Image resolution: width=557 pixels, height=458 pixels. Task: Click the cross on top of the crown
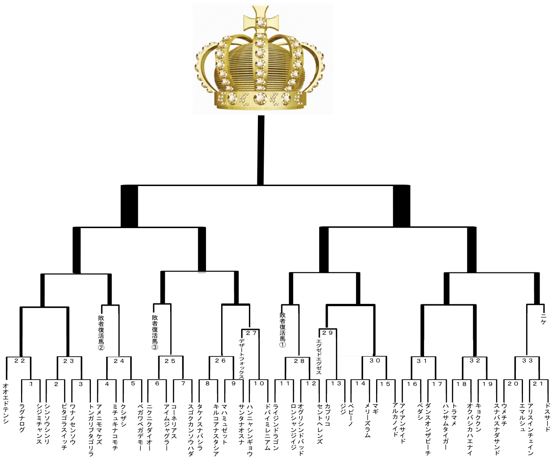261,20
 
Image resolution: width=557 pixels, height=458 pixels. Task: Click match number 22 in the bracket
19,361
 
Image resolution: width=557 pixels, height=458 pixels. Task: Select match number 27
251,333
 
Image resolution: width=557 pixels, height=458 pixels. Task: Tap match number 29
327,333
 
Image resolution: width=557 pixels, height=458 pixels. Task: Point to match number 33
527,361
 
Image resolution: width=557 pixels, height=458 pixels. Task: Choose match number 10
259,384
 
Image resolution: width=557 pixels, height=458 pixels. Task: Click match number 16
412,384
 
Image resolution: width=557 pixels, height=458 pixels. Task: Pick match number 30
375,361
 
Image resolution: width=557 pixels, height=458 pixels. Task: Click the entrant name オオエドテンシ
5,404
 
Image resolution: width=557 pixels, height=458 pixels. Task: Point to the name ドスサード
547,417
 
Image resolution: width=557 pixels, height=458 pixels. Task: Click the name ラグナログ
22,417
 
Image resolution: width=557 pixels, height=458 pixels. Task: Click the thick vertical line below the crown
261,150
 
